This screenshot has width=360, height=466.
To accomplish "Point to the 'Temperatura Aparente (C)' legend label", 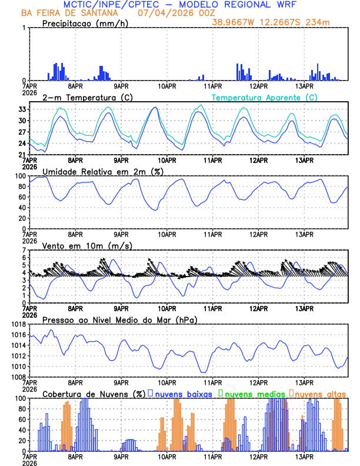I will click(x=265, y=97).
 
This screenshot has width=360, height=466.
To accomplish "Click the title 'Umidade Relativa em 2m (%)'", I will click(x=102, y=171).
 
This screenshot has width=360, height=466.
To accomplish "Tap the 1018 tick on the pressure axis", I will click(x=18, y=324).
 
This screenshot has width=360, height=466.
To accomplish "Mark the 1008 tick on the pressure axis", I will click(x=18, y=377).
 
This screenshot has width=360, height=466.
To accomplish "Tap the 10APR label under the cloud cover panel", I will click(x=167, y=457).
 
